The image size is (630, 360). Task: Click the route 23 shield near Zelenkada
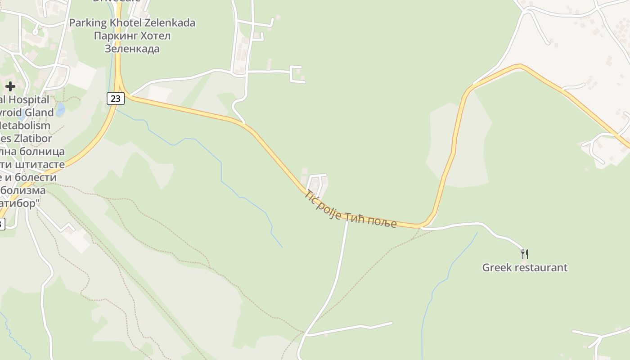coord(116,98)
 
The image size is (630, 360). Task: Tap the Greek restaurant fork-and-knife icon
coord(524,254)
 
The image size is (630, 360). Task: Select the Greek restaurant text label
coord(525,267)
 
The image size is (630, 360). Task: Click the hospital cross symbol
coord(10,86)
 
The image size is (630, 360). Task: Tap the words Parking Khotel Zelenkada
coord(132,22)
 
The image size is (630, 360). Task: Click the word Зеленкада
coord(132,48)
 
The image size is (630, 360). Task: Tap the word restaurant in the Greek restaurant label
coord(541,267)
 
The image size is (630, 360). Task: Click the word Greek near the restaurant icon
coord(497,267)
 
